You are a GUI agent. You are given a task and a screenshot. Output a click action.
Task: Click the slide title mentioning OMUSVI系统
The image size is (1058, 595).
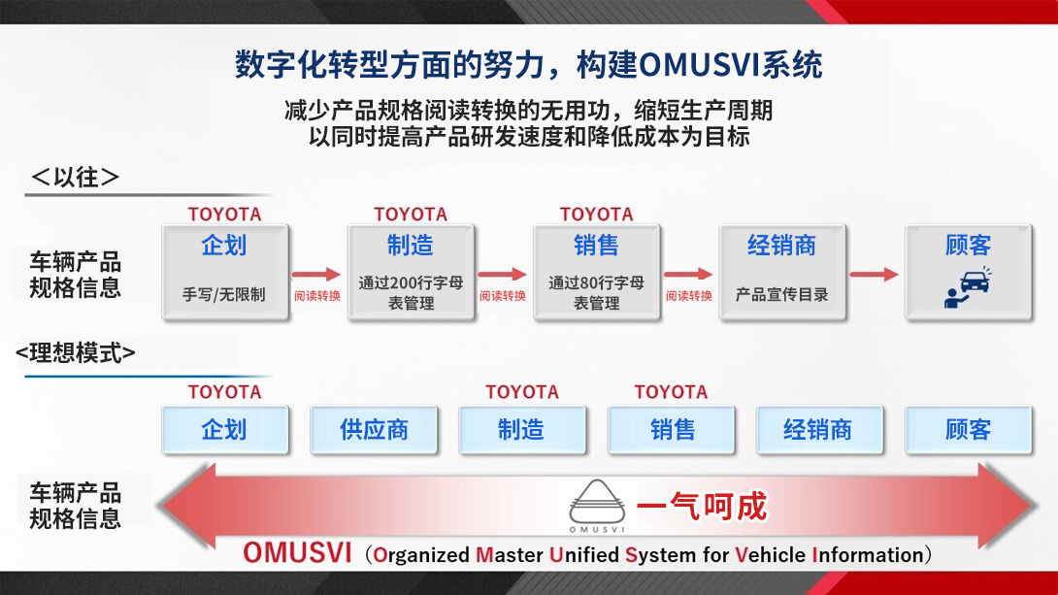pyautogui.click(x=529, y=65)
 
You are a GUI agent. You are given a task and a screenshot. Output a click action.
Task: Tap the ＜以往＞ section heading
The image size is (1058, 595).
pyautogui.click(x=75, y=177)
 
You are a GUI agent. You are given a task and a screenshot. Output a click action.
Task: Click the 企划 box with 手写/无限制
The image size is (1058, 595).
pyautogui.click(x=224, y=272)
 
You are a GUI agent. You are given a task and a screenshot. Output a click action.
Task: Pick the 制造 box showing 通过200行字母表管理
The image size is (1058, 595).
pyautogui.click(x=411, y=272)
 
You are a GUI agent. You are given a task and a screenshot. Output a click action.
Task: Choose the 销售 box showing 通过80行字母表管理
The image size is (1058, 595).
pyautogui.click(x=596, y=272)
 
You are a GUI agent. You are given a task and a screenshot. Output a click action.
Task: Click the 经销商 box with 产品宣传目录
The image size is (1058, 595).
pyautogui.click(x=781, y=272)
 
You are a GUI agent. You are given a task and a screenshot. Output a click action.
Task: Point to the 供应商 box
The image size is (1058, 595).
pyautogui.click(x=374, y=430)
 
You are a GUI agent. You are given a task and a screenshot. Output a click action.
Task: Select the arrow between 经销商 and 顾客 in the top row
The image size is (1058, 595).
pyautogui.click(x=875, y=275)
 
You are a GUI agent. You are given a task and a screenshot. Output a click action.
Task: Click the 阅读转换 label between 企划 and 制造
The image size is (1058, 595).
pyautogui.click(x=317, y=295)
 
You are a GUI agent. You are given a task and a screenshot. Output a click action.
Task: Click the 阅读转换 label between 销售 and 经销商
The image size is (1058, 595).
pyautogui.click(x=688, y=295)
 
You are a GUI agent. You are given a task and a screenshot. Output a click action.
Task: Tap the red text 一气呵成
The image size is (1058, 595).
pyautogui.click(x=701, y=506)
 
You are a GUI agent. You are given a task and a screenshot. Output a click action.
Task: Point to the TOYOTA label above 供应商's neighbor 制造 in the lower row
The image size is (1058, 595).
pyautogui.click(x=522, y=392)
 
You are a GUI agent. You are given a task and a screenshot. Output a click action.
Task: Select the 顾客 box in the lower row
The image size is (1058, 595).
pyautogui.click(x=968, y=430)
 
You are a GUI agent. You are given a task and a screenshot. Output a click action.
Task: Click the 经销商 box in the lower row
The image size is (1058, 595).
pyautogui.click(x=817, y=430)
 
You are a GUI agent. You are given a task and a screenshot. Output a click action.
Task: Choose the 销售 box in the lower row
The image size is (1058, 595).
pyautogui.click(x=672, y=430)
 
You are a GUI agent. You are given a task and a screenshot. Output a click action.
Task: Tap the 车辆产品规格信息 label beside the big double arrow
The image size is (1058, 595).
pyautogui.click(x=76, y=506)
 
